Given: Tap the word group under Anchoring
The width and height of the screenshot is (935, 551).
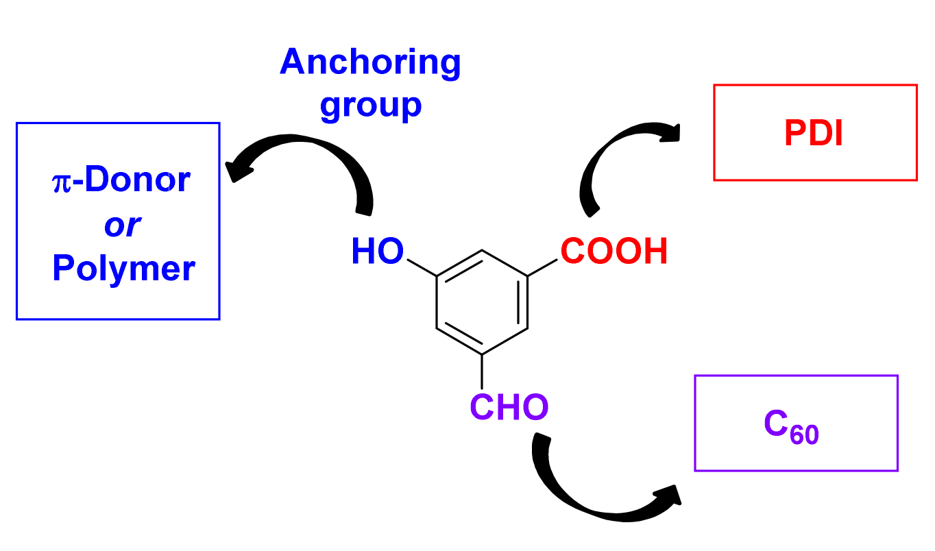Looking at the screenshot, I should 370,105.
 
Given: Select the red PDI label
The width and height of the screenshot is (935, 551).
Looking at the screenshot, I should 814,134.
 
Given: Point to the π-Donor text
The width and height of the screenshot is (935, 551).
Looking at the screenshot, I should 121,180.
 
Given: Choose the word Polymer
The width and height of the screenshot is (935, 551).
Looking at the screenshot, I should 123,269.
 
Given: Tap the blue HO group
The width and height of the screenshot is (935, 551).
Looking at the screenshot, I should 377,252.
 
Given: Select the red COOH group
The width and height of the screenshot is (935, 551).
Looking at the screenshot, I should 614,252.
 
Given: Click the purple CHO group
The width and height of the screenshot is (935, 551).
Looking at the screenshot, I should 509,408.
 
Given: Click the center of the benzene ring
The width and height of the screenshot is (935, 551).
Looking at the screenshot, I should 482,303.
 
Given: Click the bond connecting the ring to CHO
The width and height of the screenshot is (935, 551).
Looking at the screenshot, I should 482,372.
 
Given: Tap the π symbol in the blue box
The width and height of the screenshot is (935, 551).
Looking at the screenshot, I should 61,182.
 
